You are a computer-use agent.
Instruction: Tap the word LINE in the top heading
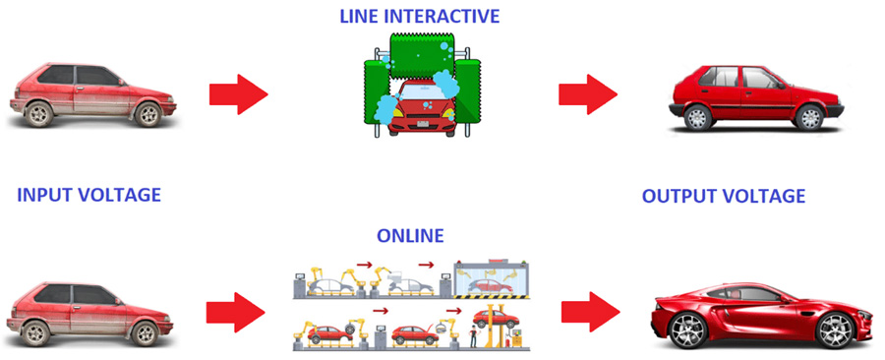358,17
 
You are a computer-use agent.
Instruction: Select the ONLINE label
411,236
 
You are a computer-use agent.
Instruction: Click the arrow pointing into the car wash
238,95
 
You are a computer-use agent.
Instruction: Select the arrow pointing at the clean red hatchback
587,95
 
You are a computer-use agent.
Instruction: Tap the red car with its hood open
415,334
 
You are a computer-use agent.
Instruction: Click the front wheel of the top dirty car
147,114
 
